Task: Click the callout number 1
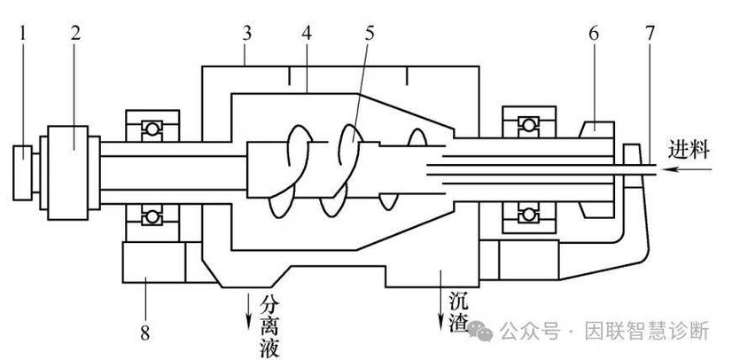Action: point(22,33)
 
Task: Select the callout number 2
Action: point(75,33)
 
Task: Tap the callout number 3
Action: point(247,33)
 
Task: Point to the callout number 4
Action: point(307,33)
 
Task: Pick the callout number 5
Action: point(370,33)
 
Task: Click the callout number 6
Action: point(594,33)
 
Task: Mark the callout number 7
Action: point(650,33)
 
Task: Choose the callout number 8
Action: point(145,333)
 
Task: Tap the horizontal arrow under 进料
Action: point(688,169)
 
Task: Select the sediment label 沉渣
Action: point(459,312)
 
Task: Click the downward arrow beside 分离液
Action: point(248,311)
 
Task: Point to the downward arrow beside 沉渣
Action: point(440,301)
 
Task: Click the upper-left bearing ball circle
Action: point(152,129)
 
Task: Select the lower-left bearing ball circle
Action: point(152,216)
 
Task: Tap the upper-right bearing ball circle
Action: point(528,125)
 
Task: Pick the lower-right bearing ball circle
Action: point(528,215)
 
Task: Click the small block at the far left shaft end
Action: point(22,173)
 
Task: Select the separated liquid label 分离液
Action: point(270,326)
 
